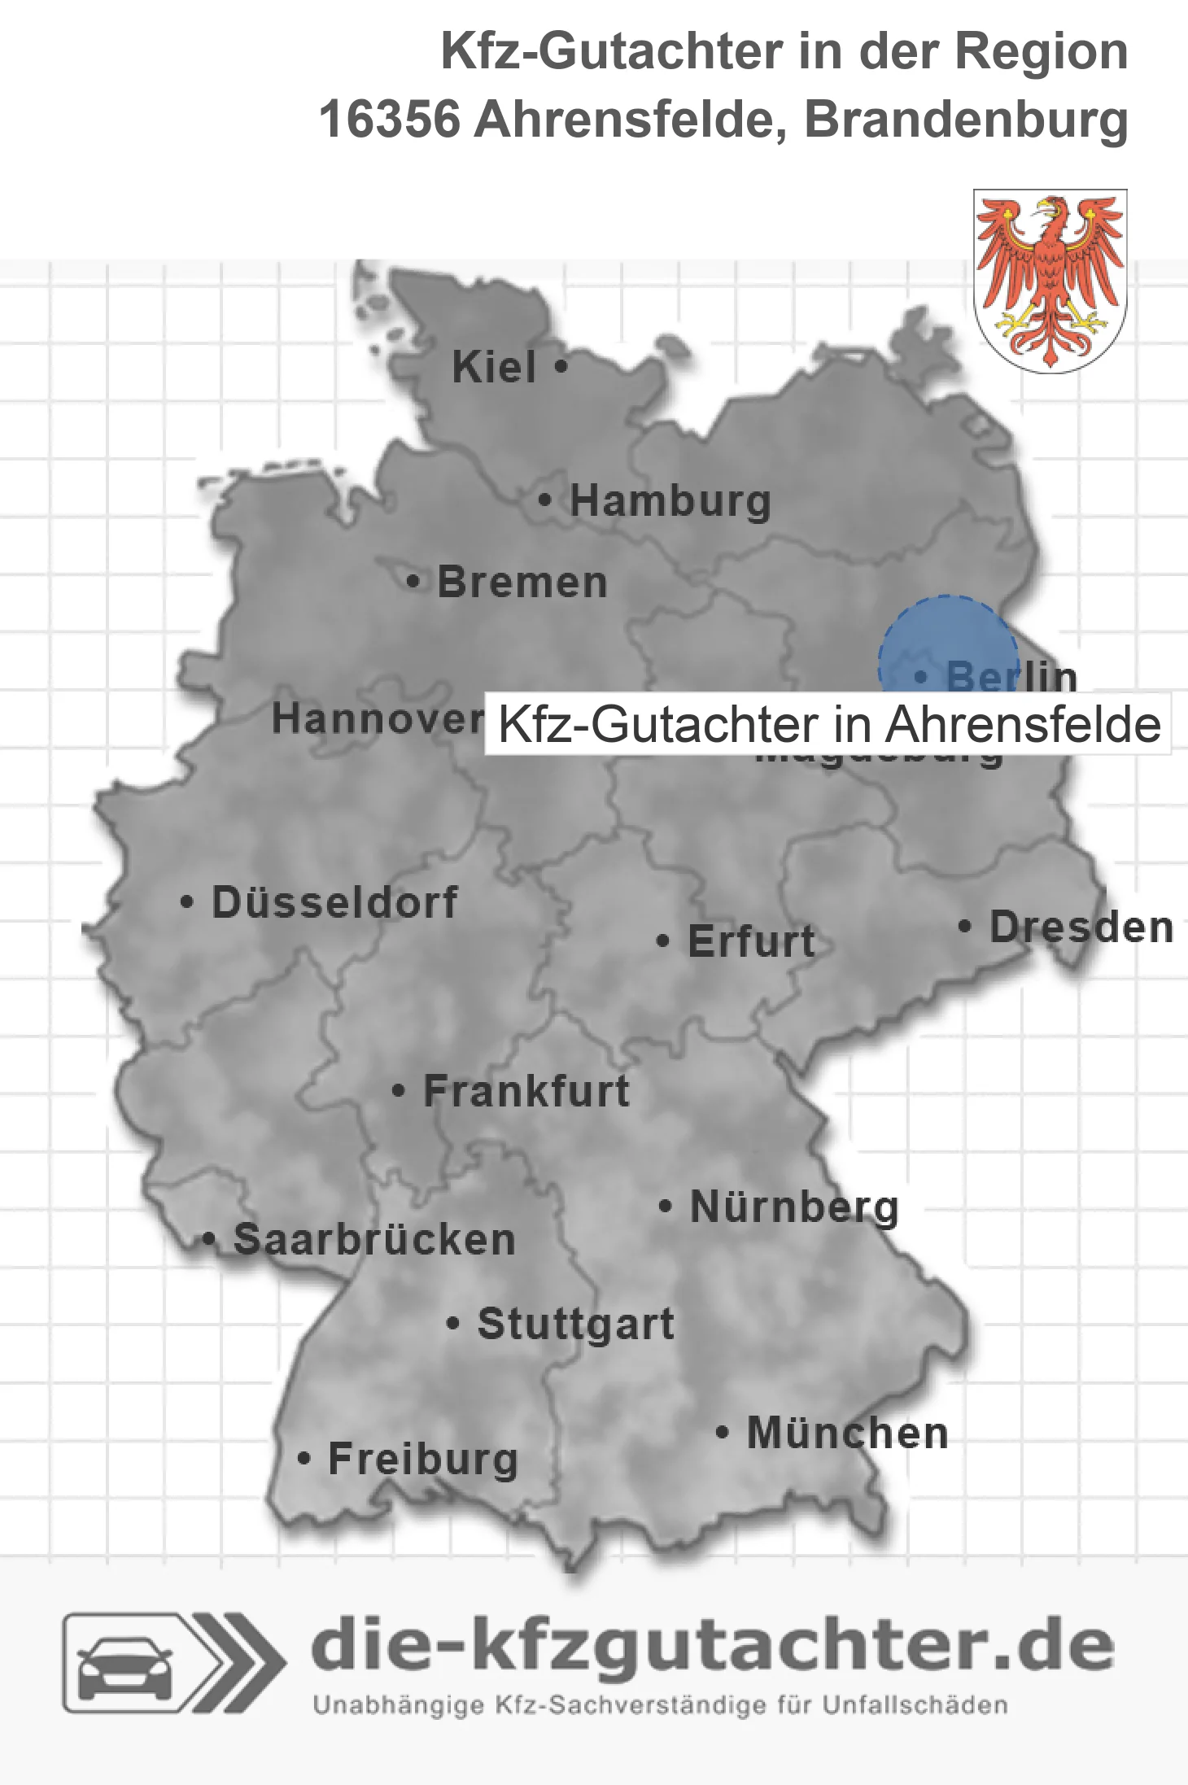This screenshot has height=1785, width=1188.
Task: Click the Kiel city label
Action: pos(494,367)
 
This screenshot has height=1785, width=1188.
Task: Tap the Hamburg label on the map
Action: pos(670,501)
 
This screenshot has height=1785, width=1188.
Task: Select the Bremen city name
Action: pos(522,583)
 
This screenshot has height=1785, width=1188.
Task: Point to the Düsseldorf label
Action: pos(334,902)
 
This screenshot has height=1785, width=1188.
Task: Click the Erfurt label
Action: pos(751,942)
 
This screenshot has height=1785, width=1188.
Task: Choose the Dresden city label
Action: pos(1081,927)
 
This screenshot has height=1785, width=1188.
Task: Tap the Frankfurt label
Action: pos(526,1091)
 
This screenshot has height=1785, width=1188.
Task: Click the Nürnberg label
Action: pos(794,1207)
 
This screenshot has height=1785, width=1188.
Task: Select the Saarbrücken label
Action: pos(374,1240)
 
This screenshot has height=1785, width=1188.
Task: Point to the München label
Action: pos(848,1433)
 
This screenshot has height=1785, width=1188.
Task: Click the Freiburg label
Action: pos(423,1459)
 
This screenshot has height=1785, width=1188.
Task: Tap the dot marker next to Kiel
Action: pos(561,366)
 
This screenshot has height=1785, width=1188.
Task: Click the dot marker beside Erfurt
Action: pos(662,941)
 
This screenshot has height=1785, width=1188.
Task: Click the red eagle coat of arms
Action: pos(1050,281)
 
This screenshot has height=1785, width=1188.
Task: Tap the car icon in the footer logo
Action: pos(124,1668)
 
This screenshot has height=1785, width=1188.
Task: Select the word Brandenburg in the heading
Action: pos(966,120)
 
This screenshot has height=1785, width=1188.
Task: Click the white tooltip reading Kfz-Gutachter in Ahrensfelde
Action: pos(828,724)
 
